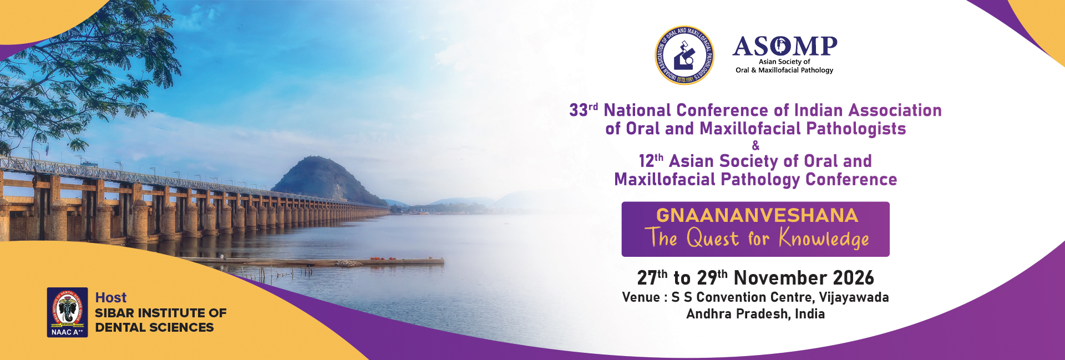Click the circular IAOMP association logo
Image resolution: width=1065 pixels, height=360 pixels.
tap(684, 55)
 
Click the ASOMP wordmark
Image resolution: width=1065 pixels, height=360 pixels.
tap(785, 46)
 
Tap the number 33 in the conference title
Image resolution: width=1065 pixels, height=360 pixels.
tap(579, 110)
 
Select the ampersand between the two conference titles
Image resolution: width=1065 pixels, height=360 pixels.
tap(755, 145)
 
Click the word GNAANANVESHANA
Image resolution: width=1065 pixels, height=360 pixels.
tap(757, 215)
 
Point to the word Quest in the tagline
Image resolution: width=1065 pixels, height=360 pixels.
tap(713, 238)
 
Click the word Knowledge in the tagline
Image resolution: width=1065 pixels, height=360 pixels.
tap(824, 238)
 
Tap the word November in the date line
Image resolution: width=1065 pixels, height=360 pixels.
tap(780, 278)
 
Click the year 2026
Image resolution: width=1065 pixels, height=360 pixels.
tap(854, 278)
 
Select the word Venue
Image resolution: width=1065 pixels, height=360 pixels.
tap(641, 297)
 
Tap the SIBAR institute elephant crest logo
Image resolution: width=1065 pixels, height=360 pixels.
tap(67, 308)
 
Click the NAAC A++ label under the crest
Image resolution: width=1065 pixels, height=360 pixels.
tap(67, 332)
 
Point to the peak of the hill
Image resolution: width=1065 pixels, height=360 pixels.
tap(314, 157)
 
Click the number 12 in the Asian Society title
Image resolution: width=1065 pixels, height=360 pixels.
tap(646, 161)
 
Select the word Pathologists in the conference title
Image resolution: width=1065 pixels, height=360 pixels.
tap(856, 129)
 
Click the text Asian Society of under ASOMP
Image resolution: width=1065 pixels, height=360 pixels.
tap(784, 62)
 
